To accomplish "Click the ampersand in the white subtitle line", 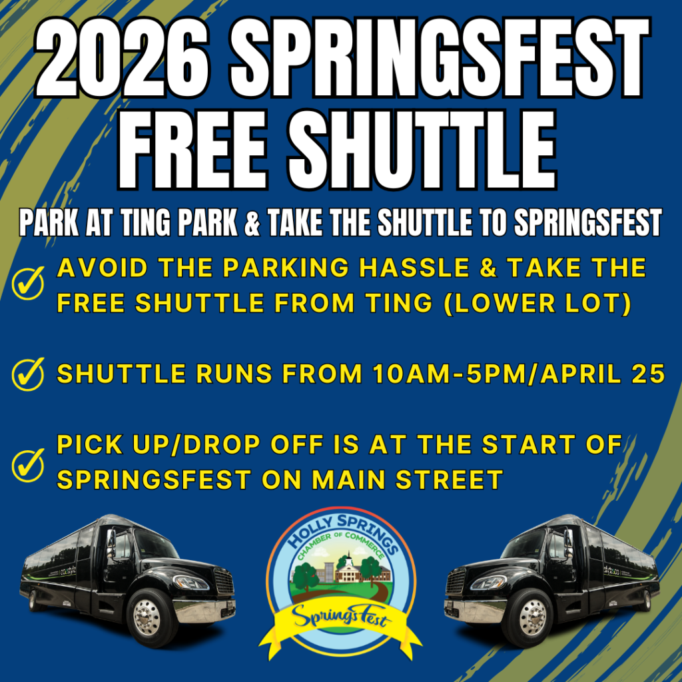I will (x=251, y=223).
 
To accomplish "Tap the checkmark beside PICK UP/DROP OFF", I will (x=28, y=464).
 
